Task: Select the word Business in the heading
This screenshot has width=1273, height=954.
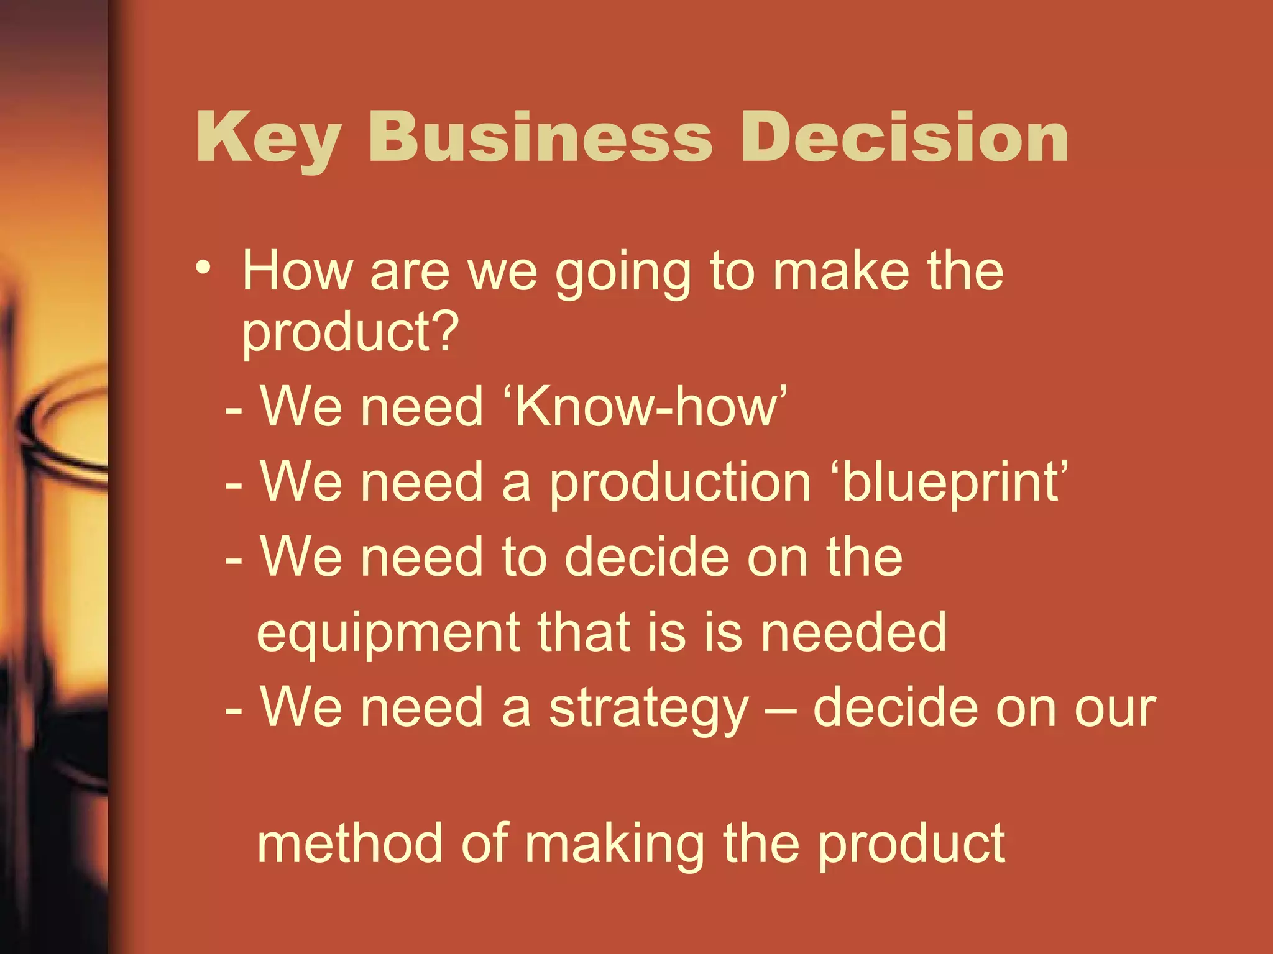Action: click(540, 138)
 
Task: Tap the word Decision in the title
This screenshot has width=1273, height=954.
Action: click(904, 138)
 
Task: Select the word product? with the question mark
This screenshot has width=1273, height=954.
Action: click(350, 332)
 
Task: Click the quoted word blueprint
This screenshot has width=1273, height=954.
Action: click(954, 483)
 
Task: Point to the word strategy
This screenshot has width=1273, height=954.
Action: click(649, 709)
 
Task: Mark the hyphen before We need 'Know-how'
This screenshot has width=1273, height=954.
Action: click(234, 410)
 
